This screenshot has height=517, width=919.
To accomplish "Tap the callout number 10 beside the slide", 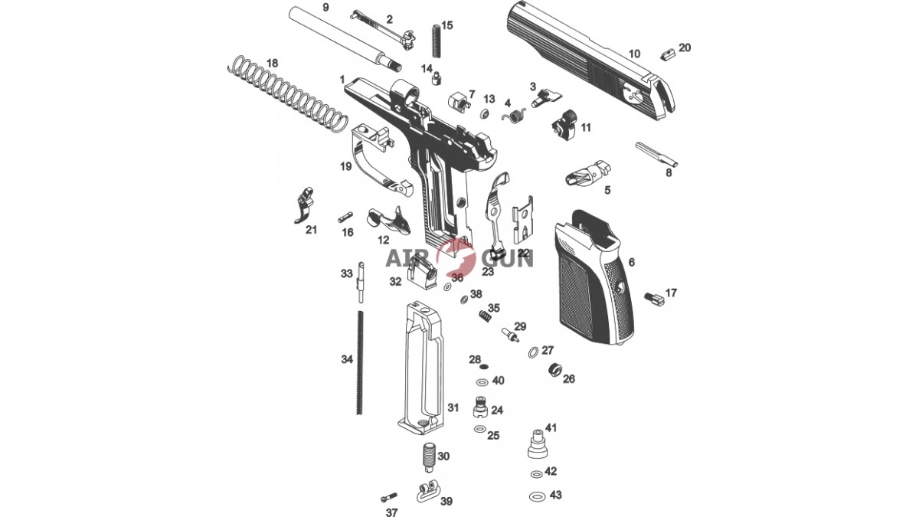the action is [x=634, y=54].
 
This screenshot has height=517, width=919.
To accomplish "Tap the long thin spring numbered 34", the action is [x=74, y=363].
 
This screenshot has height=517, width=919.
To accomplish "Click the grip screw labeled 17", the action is [x=653, y=298].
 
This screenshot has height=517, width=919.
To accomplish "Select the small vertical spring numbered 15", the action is [x=436, y=41].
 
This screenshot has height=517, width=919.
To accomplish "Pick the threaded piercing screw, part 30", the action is [x=429, y=457].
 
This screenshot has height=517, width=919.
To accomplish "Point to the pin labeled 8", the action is [x=656, y=154].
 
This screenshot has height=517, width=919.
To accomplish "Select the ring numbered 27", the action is [x=533, y=352].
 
